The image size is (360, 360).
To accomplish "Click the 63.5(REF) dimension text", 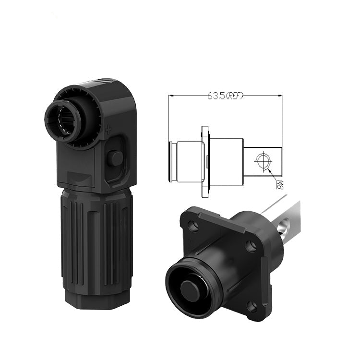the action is (225, 96).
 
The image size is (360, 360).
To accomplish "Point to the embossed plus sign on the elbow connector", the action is (108, 131).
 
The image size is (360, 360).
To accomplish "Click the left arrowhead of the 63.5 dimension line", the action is (171, 96).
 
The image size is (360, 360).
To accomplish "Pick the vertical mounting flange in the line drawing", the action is (205, 162).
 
